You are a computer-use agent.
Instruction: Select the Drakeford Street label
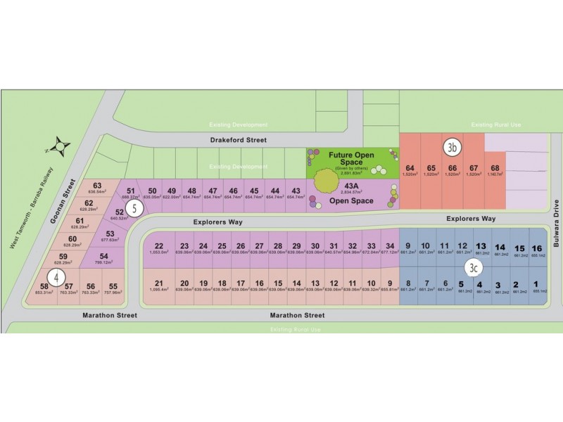(238, 140)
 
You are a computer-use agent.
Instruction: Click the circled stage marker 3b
(453, 148)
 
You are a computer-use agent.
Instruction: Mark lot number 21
(158, 285)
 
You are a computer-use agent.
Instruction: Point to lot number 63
(97, 187)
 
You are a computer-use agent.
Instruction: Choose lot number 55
(113, 288)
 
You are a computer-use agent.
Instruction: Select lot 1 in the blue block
(537, 286)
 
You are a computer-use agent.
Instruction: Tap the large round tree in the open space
(325, 181)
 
